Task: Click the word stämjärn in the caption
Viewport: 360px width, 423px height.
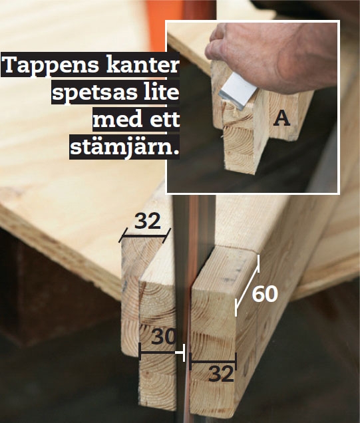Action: [x=125, y=146]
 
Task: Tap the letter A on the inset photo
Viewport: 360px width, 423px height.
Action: [x=282, y=118]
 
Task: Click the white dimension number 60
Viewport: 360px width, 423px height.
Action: [x=264, y=293]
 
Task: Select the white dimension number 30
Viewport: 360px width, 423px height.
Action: [x=162, y=337]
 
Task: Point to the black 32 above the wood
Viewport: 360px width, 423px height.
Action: [x=147, y=221]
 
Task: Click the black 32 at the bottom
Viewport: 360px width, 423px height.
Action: [x=222, y=374]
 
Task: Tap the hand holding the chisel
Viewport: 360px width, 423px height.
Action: [x=266, y=57]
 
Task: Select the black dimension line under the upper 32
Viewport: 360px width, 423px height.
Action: [x=145, y=235]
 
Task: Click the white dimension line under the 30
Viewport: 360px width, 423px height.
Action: [x=160, y=352]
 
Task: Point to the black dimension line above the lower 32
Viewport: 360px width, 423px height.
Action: [x=212, y=362]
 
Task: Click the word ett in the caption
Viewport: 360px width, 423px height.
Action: [x=163, y=120]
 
